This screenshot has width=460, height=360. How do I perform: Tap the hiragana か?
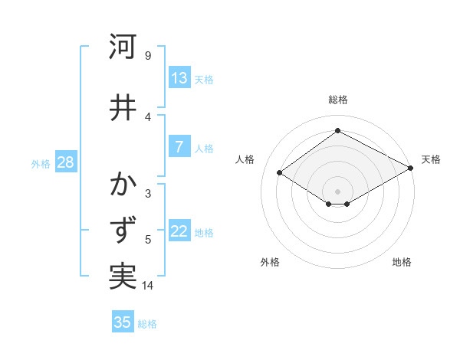pos(123,186)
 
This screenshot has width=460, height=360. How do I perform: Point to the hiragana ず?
pos(123,231)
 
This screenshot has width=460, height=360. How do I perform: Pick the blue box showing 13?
pos(179,78)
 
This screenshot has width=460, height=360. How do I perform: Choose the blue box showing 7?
pos(179,147)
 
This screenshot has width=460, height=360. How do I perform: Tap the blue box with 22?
pos(179,231)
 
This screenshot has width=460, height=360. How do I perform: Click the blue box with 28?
pos(64,162)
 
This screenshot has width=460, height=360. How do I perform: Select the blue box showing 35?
pos(123,322)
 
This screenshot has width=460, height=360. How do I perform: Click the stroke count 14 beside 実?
pos(149,286)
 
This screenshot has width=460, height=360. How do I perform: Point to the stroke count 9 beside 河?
pos(148,56)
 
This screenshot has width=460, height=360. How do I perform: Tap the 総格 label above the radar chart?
pos(338,100)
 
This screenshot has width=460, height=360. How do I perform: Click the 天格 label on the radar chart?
pos(431,159)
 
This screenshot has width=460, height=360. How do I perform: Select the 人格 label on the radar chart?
pos(245,159)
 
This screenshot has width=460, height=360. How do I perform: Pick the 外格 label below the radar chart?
pos(270,262)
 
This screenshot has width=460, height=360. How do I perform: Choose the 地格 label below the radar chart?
pos(402,262)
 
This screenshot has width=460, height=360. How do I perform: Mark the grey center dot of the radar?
pos(338,191)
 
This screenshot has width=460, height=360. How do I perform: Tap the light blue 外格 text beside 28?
pos(41,163)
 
